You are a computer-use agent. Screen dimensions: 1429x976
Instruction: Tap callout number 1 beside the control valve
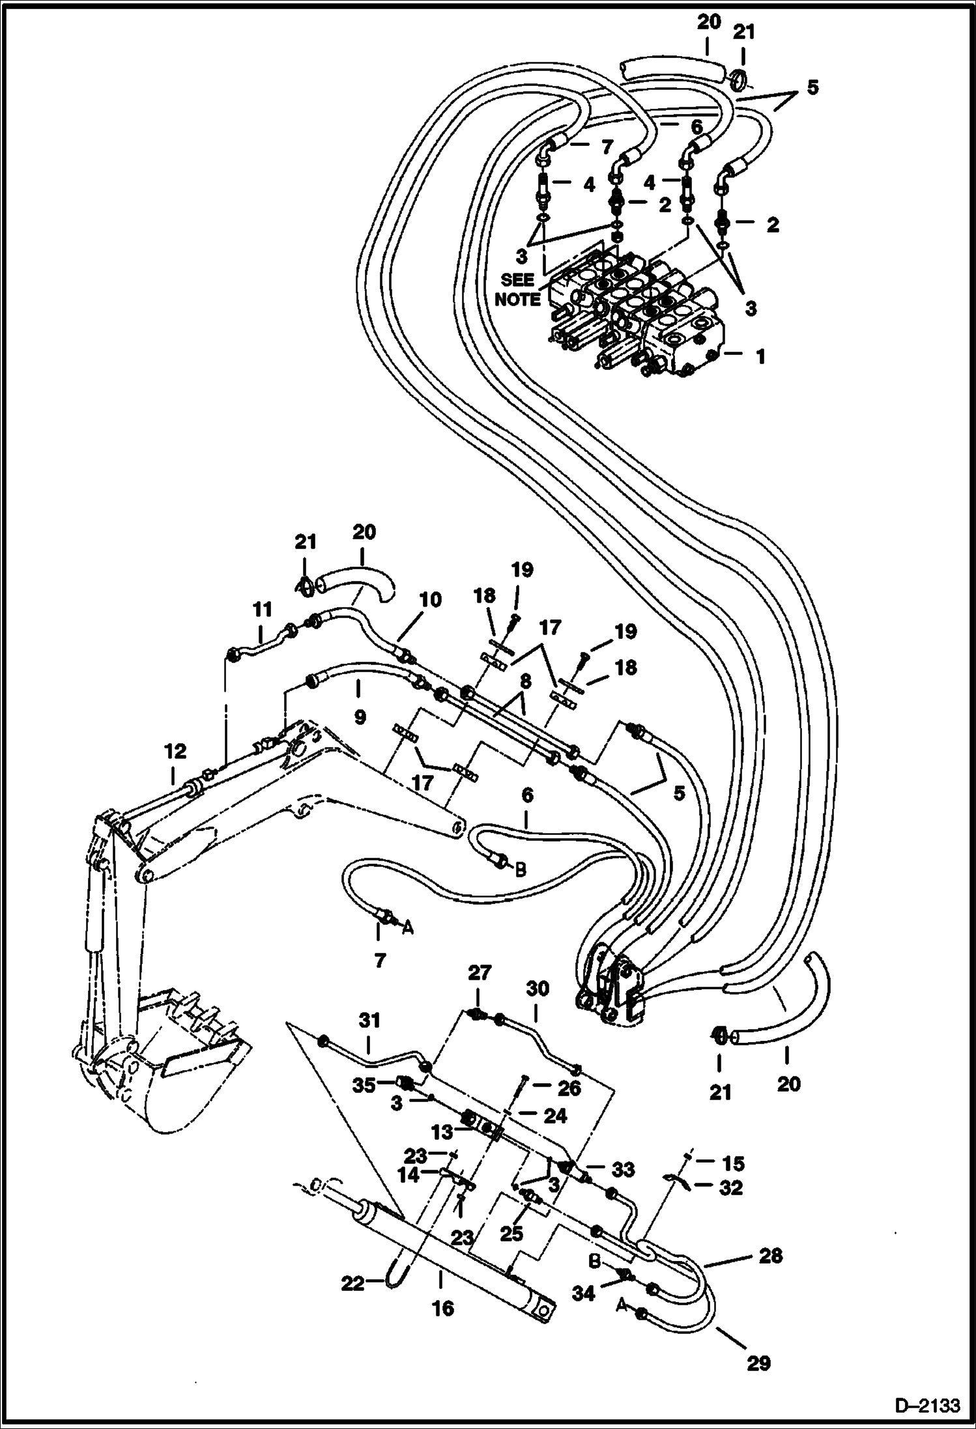760,356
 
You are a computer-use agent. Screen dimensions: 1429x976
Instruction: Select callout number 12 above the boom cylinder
175,752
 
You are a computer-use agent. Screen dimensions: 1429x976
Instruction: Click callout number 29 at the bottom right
758,1363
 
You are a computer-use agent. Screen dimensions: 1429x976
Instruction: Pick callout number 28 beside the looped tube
770,1255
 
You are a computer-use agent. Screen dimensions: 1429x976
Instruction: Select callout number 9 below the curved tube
359,717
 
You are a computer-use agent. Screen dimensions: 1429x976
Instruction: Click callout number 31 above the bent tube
369,1019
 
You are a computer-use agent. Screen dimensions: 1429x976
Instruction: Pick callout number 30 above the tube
538,989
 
